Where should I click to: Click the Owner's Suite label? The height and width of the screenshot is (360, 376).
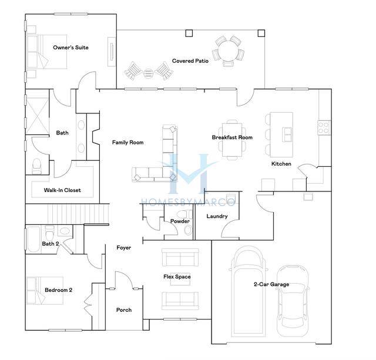[x=70, y=48]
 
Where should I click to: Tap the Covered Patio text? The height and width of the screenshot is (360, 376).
[x=190, y=61]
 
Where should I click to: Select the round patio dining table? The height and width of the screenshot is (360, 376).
[x=228, y=51]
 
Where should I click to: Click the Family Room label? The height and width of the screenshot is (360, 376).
[x=128, y=142]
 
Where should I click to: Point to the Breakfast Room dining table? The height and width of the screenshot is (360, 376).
[x=232, y=140]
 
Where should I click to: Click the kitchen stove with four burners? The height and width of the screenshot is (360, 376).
[x=324, y=127]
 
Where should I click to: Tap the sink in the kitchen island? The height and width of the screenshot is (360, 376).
[x=287, y=134]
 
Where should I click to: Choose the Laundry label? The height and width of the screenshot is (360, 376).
[x=217, y=216]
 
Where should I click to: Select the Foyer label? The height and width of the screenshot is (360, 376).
[x=124, y=248]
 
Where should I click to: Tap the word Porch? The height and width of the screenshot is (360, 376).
[x=124, y=310]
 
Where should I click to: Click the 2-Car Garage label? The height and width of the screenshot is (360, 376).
[x=271, y=284]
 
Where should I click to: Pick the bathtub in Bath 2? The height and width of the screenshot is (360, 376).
[x=33, y=239]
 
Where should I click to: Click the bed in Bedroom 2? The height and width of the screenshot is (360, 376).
[x=45, y=291]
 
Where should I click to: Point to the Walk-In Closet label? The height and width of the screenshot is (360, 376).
[x=62, y=190]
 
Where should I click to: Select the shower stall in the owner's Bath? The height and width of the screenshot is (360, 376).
[x=37, y=116]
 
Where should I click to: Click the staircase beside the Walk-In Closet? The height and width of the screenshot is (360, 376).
[x=78, y=214]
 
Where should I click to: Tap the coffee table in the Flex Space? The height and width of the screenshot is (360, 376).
[x=180, y=279]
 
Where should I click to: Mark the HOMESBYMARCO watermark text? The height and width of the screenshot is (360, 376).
[x=188, y=202]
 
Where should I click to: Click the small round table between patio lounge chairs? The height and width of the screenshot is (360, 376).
[x=148, y=73]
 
